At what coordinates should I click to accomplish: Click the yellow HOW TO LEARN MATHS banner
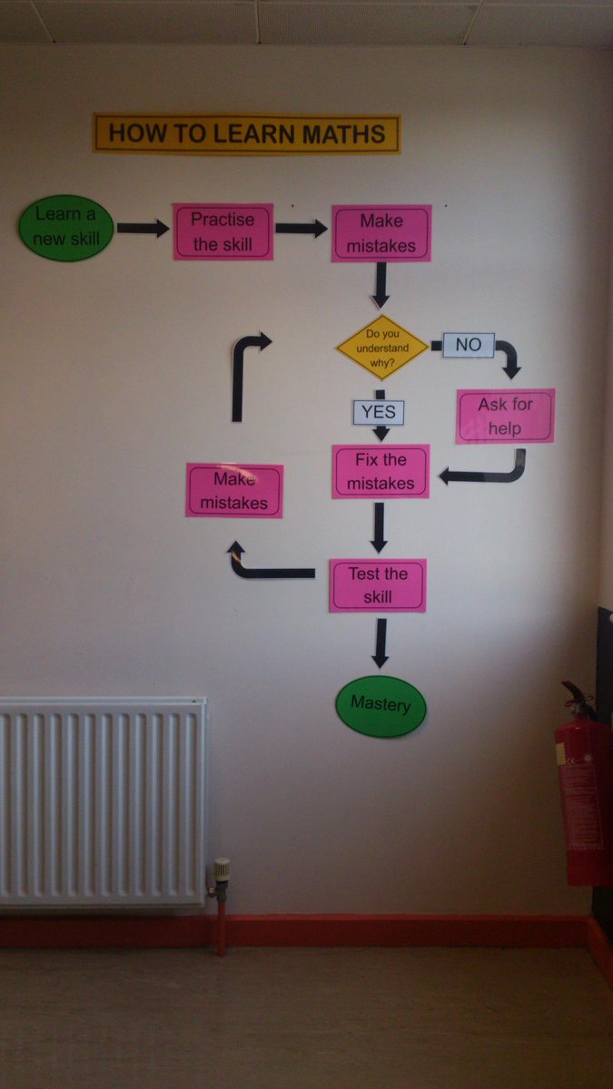coord(246,133)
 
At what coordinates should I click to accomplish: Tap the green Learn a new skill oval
coord(65,228)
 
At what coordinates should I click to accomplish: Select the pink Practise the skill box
coord(223,232)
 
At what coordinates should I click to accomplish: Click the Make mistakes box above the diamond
coord(381,233)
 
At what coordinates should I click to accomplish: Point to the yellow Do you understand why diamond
coord(381,347)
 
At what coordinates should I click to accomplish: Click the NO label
coord(468,345)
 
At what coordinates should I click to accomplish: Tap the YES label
coord(378,412)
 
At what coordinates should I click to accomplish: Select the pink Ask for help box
coord(505,416)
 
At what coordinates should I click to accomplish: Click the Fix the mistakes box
coord(380,472)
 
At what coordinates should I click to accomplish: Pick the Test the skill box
coord(378,585)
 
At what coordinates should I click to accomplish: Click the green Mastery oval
coord(381,704)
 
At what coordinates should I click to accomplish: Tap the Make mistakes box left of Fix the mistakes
coord(234,490)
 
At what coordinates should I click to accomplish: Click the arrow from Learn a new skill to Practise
coord(143,229)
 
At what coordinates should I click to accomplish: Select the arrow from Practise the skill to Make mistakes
coord(301,229)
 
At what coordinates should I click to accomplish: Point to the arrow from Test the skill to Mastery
coord(380,643)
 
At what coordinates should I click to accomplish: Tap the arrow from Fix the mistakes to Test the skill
coord(379,527)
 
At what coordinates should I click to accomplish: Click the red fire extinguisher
coord(583,790)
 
